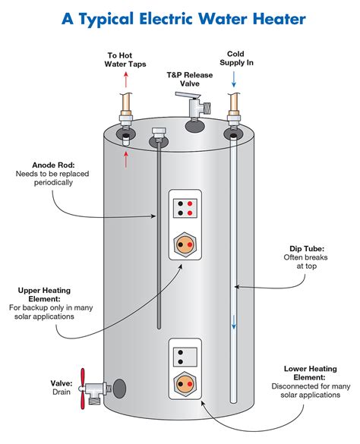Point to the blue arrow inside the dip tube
[x=234, y=323]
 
